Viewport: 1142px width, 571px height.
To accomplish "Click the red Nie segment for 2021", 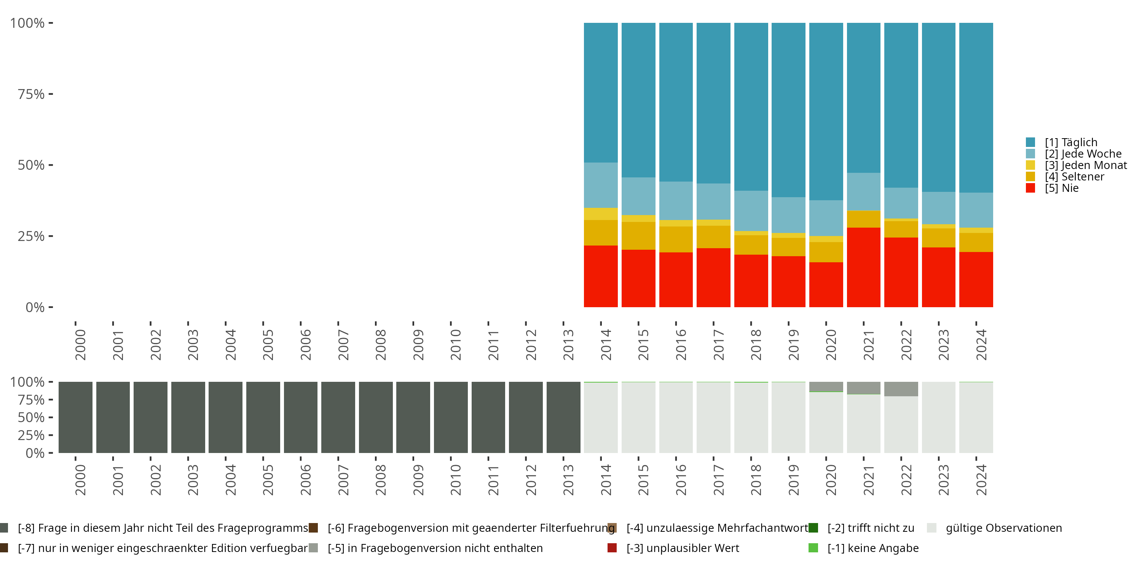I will click(x=863, y=267).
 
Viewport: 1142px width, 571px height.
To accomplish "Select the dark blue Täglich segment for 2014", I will click(x=600, y=92).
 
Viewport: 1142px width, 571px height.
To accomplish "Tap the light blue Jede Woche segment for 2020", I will click(x=826, y=218).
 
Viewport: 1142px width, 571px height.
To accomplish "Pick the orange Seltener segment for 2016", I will click(x=676, y=239).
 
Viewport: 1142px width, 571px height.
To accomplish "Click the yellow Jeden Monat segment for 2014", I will click(x=600, y=214).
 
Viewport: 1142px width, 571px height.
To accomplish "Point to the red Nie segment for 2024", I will click(x=976, y=279).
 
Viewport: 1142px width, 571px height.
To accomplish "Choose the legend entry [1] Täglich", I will click(x=1070, y=142).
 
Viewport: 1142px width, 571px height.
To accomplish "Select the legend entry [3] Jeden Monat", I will click(x=1085, y=165).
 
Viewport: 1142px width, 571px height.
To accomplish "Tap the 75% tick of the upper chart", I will click(x=31, y=94).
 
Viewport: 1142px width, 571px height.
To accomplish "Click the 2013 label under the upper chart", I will click(x=568, y=345).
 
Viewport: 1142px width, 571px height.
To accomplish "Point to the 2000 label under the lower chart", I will click(x=80, y=480).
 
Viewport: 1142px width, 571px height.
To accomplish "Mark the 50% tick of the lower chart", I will click(x=31, y=418).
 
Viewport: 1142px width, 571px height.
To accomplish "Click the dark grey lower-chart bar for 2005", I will click(x=263, y=417).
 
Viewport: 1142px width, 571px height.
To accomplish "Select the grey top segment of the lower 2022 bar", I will click(x=901, y=389).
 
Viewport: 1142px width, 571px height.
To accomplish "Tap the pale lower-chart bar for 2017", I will click(x=713, y=417).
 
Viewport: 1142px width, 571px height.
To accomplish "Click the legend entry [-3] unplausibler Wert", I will click(x=682, y=548).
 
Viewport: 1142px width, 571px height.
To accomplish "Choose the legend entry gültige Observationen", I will click(x=1003, y=528).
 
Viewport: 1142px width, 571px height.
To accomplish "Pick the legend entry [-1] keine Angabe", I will click(x=872, y=548).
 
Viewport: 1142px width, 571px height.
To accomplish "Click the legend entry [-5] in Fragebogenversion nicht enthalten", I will click(x=434, y=548).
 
